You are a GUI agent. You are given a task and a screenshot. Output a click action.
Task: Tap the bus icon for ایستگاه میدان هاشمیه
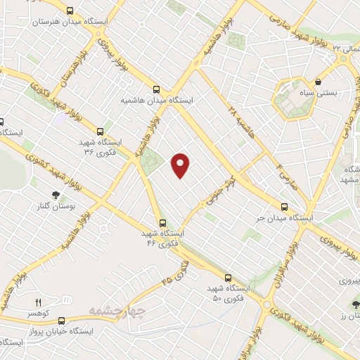(x=156, y=89)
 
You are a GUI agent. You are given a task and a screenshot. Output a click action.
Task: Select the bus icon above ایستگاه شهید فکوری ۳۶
(x=100, y=131)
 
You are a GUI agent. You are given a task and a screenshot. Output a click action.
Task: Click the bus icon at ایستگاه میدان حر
(x=284, y=207)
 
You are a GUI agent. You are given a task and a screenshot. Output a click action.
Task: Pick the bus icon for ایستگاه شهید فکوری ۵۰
(x=227, y=278)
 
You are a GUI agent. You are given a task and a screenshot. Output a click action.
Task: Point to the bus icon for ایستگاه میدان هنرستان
(x=70, y=11)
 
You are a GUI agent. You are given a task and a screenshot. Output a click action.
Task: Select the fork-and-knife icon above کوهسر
(x=39, y=302)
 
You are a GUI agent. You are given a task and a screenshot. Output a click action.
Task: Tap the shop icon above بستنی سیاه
(x=319, y=82)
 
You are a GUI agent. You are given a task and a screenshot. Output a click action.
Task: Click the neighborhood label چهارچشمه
(x=117, y=310)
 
